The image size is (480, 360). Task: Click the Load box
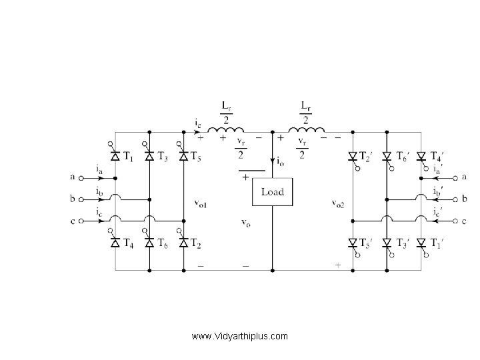[271, 192]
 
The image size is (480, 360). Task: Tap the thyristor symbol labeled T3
[149, 157]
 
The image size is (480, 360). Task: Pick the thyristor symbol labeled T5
[183, 157]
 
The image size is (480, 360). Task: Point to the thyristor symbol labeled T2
[183, 243]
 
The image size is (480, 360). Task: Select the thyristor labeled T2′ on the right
[353, 157]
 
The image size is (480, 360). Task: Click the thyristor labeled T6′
[387, 157]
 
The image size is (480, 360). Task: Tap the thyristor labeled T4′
[421, 157]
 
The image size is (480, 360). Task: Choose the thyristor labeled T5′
[353, 243]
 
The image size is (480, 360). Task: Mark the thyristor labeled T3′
[387, 243]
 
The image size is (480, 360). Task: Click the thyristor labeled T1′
[421, 243]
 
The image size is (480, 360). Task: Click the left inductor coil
[226, 129]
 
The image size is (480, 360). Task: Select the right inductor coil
[305, 129]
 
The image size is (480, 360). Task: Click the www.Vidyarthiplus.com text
[239, 336]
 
